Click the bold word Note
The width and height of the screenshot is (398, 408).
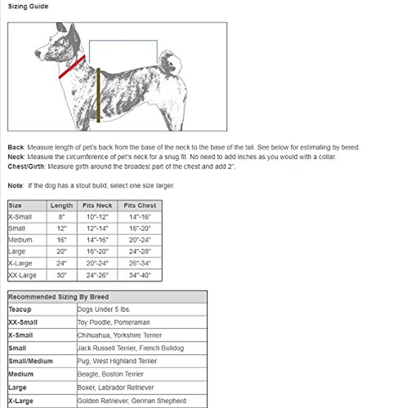tap(15, 185)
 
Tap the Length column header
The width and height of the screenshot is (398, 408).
tap(61, 205)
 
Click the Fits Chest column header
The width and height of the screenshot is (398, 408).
tap(139, 205)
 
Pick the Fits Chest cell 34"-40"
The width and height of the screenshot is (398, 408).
tap(139, 275)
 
